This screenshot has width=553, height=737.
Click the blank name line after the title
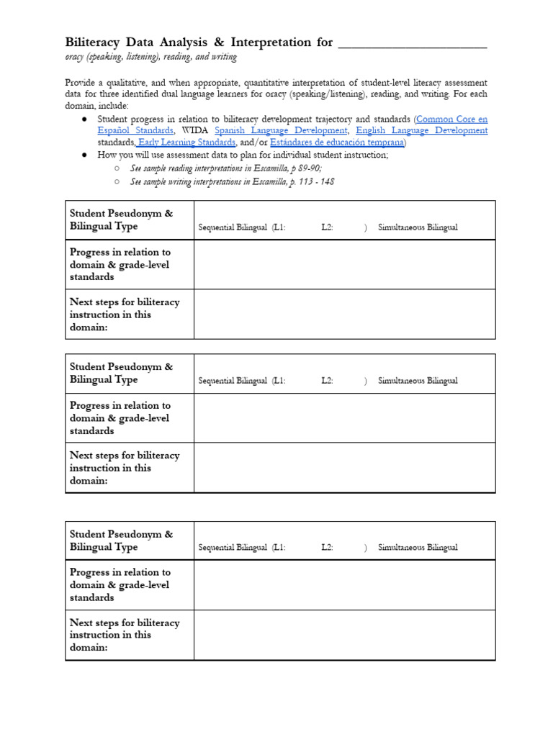point(412,43)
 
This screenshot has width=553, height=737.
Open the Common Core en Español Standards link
point(451,119)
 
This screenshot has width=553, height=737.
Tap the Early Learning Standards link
point(186,143)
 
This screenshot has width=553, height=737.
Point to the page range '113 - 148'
point(318,181)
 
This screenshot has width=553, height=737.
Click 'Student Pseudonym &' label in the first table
point(121,213)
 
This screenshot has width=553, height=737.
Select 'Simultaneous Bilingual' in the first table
point(418,227)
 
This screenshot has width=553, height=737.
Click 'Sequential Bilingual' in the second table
point(233,381)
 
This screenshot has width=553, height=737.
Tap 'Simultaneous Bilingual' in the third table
point(418,547)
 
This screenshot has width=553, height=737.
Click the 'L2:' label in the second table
point(328,381)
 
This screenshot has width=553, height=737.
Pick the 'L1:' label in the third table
point(279,547)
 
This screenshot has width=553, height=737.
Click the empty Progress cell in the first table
point(344,264)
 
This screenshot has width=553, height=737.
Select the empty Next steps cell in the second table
point(344,467)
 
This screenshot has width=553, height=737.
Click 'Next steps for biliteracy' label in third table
point(125,623)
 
